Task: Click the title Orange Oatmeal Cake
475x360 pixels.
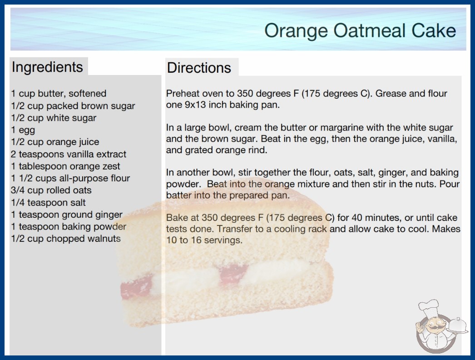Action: (360, 30)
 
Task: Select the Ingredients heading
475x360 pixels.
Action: (47, 67)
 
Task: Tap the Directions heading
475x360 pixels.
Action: (199, 68)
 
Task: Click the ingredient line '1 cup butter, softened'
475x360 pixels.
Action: (59, 94)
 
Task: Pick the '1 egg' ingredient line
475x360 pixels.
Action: (23, 130)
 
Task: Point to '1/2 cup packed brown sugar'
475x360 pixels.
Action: (73, 106)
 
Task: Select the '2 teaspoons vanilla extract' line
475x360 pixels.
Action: (69, 154)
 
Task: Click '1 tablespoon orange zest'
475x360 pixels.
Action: (65, 166)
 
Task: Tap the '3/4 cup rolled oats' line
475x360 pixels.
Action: (51, 190)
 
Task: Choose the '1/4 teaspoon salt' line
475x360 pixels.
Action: (49, 202)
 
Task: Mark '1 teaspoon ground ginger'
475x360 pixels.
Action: (67, 215)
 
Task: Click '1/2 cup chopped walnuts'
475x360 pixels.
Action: (66, 239)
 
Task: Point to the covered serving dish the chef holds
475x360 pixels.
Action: (457, 325)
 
